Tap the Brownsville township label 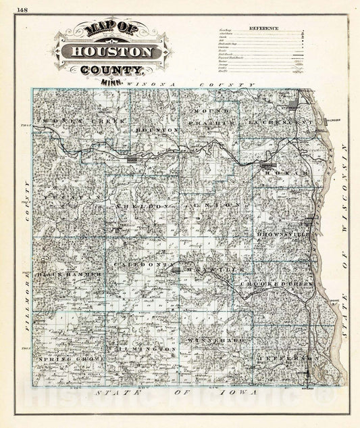pos(283,234)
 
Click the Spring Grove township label pos(70,357)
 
